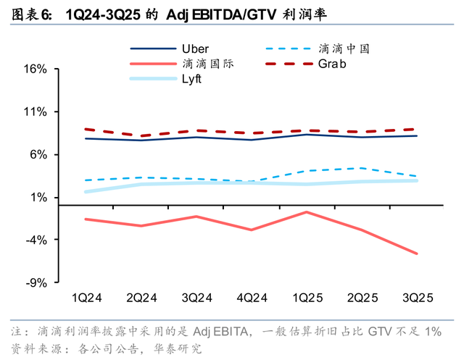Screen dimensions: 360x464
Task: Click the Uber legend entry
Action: [x=194, y=49]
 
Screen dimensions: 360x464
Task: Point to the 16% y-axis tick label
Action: [x=36, y=70]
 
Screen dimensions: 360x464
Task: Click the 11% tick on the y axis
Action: [x=36, y=112]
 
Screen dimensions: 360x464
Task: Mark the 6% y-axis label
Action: [x=38, y=155]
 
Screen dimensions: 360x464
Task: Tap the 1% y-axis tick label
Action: [x=38, y=198]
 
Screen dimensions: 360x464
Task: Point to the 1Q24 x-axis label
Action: [x=86, y=298]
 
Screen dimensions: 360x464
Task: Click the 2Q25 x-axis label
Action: [x=362, y=298]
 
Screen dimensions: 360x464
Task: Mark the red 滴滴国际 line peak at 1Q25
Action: [x=307, y=212]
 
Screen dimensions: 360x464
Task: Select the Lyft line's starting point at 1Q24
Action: [x=86, y=192]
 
